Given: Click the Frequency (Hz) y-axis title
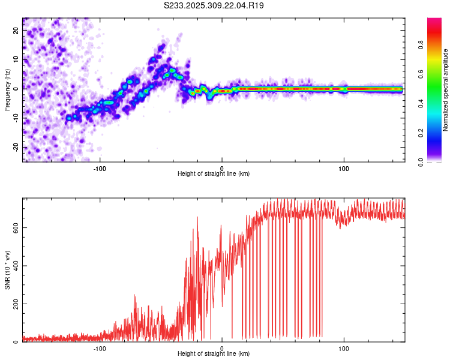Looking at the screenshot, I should point(7,89).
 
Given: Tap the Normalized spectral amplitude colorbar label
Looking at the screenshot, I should point(446,90).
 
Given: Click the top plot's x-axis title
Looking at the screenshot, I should point(214,173).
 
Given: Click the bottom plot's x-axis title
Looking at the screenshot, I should point(214,353).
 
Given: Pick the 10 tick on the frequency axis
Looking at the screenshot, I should point(16,59).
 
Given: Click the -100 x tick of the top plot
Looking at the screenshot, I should point(100,167).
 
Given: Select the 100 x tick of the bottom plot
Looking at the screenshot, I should point(344,347).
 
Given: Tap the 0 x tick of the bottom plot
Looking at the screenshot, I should point(222,347).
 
